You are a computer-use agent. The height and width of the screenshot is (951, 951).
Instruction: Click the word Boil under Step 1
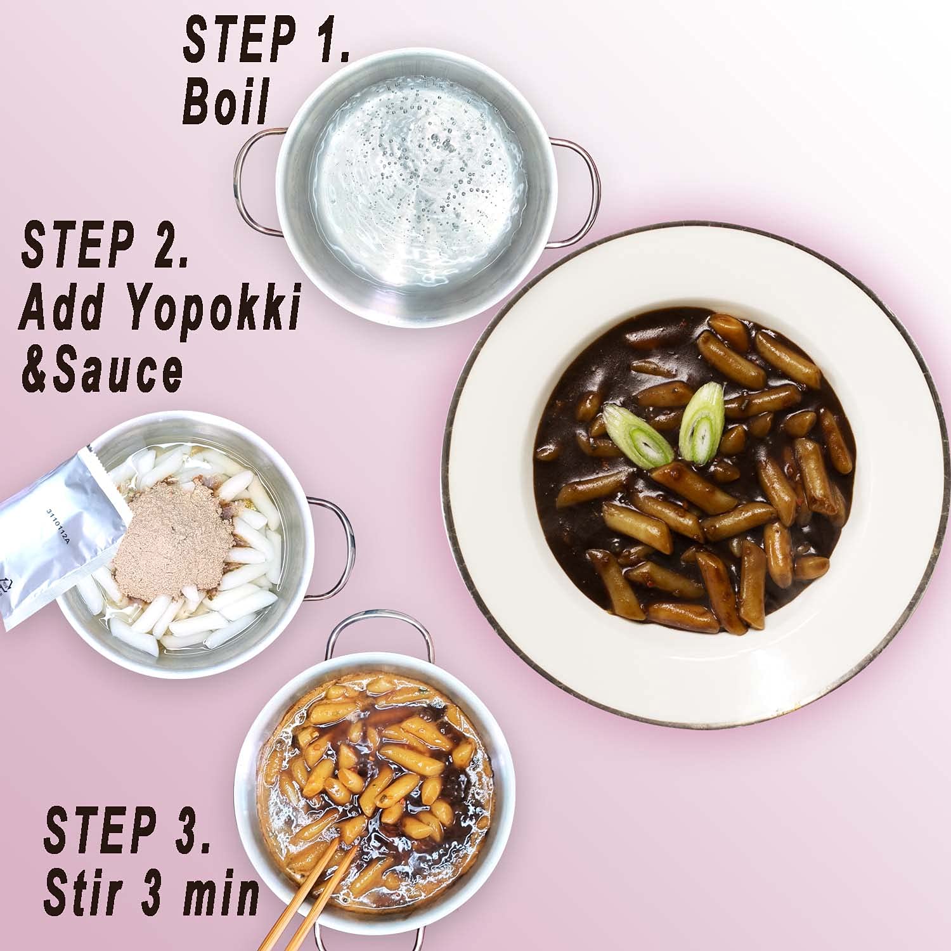click(x=226, y=101)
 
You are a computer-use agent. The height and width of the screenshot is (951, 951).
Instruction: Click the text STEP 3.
click(x=127, y=829)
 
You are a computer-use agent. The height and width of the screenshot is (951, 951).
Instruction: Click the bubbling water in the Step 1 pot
click(x=418, y=184)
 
